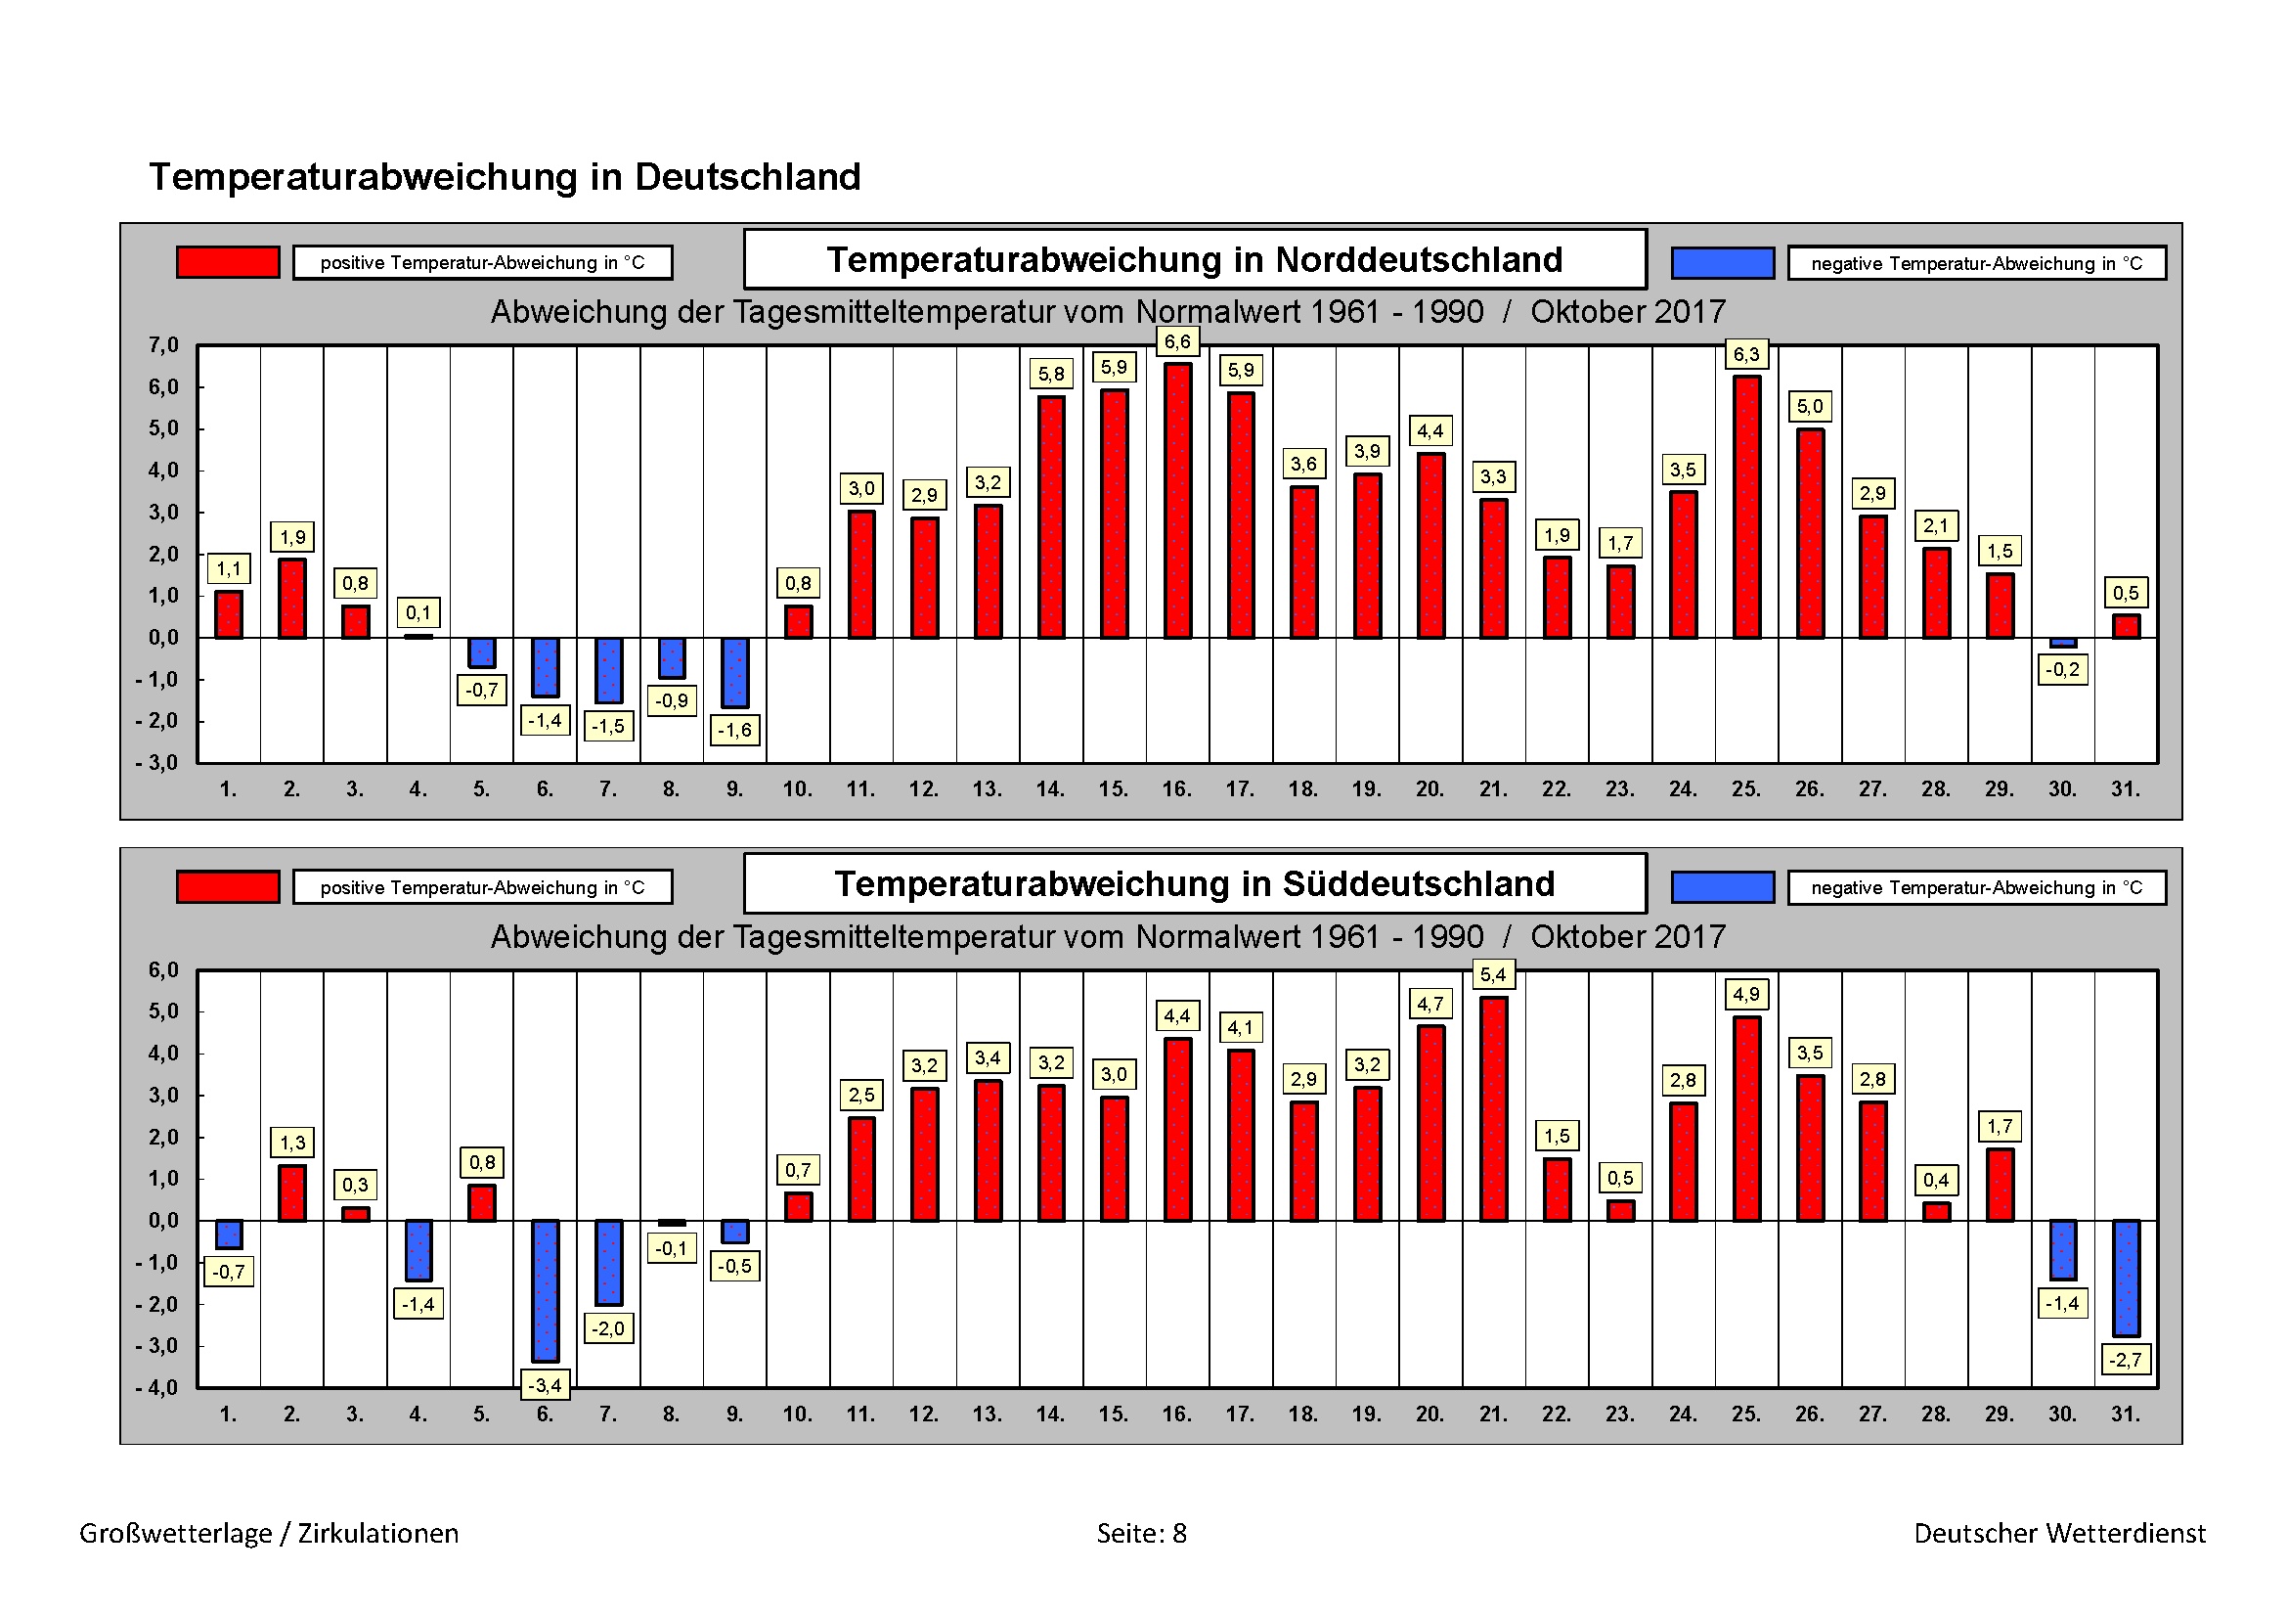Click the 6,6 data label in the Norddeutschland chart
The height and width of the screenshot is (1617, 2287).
click(x=1176, y=341)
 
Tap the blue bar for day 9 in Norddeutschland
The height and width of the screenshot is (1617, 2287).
click(x=734, y=672)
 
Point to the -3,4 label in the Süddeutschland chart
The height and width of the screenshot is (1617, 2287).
click(x=544, y=1385)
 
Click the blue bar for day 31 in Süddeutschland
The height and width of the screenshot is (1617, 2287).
click(x=2126, y=1278)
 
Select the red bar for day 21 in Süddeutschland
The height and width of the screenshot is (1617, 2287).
click(x=1493, y=1108)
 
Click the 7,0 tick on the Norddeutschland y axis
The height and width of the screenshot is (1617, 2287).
click(x=163, y=345)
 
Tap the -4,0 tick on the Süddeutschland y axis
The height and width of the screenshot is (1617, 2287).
click(x=157, y=1388)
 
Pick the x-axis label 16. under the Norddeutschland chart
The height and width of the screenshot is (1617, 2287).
click(x=1176, y=789)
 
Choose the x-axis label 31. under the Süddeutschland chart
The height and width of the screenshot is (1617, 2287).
click(x=2126, y=1414)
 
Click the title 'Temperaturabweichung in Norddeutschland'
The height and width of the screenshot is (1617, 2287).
click(x=1194, y=260)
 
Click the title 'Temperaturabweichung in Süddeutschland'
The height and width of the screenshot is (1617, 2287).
click(x=1194, y=884)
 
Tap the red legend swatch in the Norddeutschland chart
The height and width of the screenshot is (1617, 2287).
click(x=228, y=262)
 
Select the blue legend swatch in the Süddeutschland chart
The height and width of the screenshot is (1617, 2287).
click(x=1722, y=886)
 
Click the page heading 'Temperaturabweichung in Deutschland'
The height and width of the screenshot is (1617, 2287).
click(x=504, y=177)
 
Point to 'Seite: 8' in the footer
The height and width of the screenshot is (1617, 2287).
click(x=1141, y=1533)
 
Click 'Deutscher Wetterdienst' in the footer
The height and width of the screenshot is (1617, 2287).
click(x=2059, y=1533)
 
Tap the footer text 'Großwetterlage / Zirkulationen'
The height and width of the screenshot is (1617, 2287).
click(x=269, y=1533)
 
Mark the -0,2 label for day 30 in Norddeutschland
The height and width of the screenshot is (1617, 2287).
click(x=2062, y=669)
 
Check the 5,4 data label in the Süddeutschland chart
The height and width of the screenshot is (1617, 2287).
click(x=1492, y=974)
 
